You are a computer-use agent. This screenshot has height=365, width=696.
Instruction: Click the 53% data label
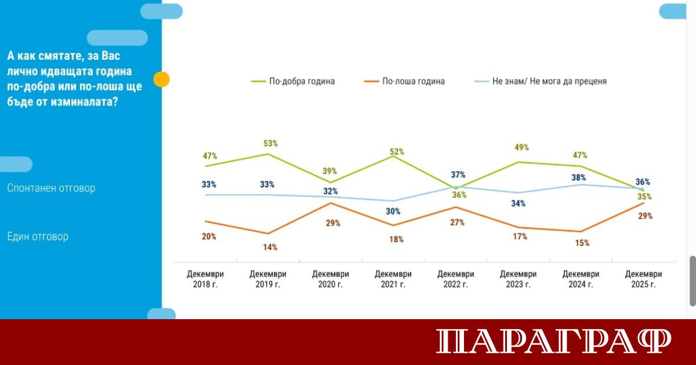(x=271, y=143)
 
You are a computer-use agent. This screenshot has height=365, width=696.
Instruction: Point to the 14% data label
(x=271, y=247)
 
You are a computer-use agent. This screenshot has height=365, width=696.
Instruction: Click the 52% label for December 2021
(x=397, y=151)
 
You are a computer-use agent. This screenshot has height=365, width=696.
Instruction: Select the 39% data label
(x=331, y=171)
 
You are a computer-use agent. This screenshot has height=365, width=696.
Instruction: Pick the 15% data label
(x=582, y=243)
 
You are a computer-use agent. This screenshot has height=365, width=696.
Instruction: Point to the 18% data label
(x=397, y=239)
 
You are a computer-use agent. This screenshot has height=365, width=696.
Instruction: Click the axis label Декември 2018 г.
(x=205, y=279)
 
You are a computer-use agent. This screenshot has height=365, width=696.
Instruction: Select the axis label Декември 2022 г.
(x=456, y=279)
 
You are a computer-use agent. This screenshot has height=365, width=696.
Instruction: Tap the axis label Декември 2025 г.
(x=644, y=279)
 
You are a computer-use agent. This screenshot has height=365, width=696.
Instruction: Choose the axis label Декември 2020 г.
(x=331, y=279)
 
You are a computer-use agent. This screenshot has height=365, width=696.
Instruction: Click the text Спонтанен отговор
(x=51, y=188)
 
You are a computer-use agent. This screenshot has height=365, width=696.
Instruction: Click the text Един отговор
(x=38, y=237)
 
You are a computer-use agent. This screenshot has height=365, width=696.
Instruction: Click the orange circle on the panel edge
(x=162, y=79)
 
